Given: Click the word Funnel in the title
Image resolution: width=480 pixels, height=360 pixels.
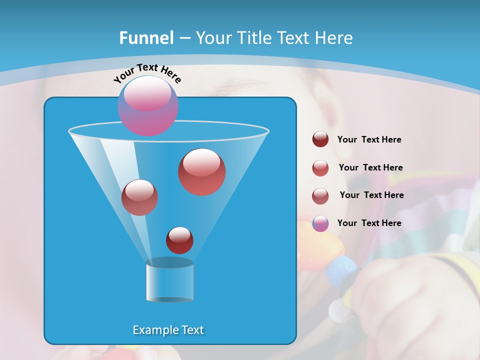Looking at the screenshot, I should (x=146, y=38).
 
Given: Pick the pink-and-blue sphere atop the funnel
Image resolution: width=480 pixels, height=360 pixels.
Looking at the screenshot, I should (x=147, y=105).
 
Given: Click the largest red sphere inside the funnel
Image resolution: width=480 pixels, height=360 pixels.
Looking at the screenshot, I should (x=202, y=172).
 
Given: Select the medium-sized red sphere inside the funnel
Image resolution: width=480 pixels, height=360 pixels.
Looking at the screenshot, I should (x=139, y=197).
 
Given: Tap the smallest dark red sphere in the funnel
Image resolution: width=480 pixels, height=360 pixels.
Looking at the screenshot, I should (x=179, y=240).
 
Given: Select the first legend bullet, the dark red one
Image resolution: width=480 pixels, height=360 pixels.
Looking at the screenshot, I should (x=320, y=139).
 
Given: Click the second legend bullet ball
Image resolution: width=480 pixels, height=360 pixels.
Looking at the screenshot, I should (x=320, y=168).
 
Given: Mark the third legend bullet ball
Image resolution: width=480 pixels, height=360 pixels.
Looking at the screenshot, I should (x=320, y=196).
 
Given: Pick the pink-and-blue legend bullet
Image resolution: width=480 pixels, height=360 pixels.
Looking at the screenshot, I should (x=320, y=223).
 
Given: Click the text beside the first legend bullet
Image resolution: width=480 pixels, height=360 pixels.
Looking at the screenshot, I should (x=369, y=140).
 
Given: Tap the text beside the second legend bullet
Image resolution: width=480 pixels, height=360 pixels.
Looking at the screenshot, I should (x=370, y=168).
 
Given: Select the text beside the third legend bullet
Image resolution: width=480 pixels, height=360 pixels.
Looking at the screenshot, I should (x=371, y=195).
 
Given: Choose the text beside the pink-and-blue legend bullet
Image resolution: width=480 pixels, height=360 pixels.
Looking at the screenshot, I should (x=369, y=223).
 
